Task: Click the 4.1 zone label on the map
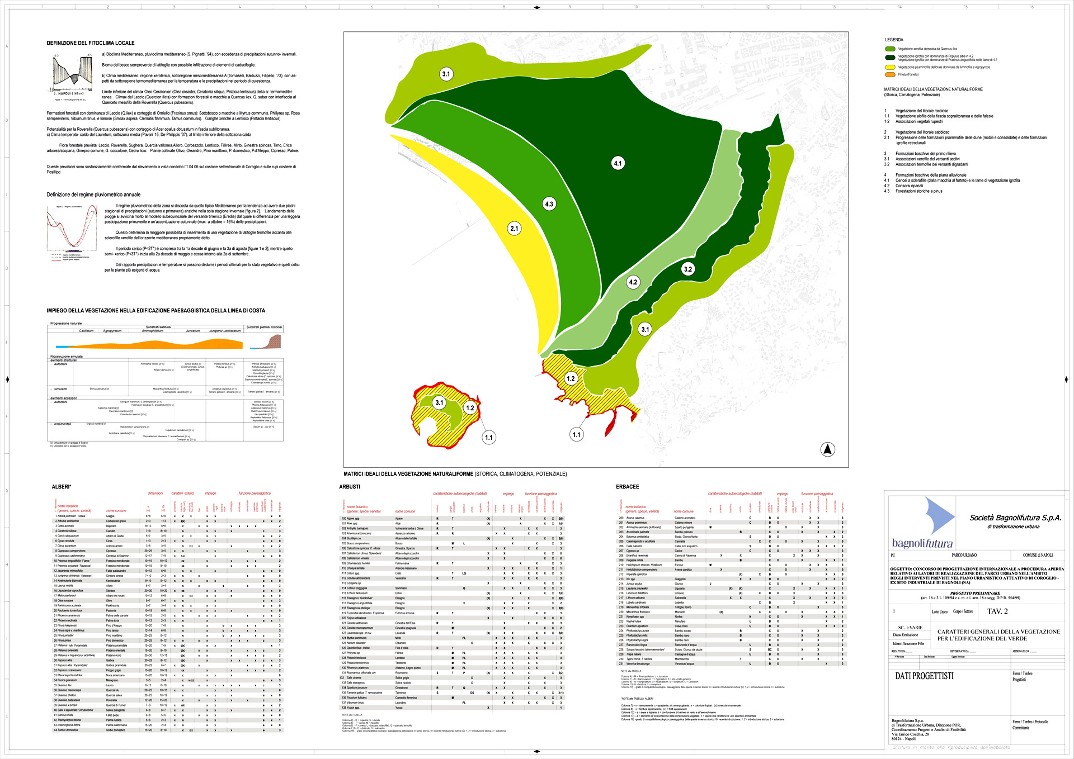coord(618,163)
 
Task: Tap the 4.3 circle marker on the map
coord(549,204)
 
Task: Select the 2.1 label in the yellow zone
coord(514,228)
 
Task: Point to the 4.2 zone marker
coord(633,282)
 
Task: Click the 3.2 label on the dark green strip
coord(687,269)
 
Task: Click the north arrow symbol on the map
coord(828,449)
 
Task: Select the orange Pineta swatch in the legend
coord(890,74)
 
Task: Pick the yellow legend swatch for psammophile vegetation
coord(890,67)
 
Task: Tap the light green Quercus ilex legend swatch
coord(890,49)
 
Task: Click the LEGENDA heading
coord(894,40)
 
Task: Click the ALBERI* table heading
coord(62,487)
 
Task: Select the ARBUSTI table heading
coord(350,487)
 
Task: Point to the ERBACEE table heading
coord(627,487)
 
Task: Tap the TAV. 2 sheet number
coord(997,611)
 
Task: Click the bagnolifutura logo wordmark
coord(922,543)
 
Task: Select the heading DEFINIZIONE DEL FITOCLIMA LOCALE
coord(91,43)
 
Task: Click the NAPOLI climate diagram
coord(73,77)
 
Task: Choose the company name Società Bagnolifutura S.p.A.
coord(1015,518)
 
